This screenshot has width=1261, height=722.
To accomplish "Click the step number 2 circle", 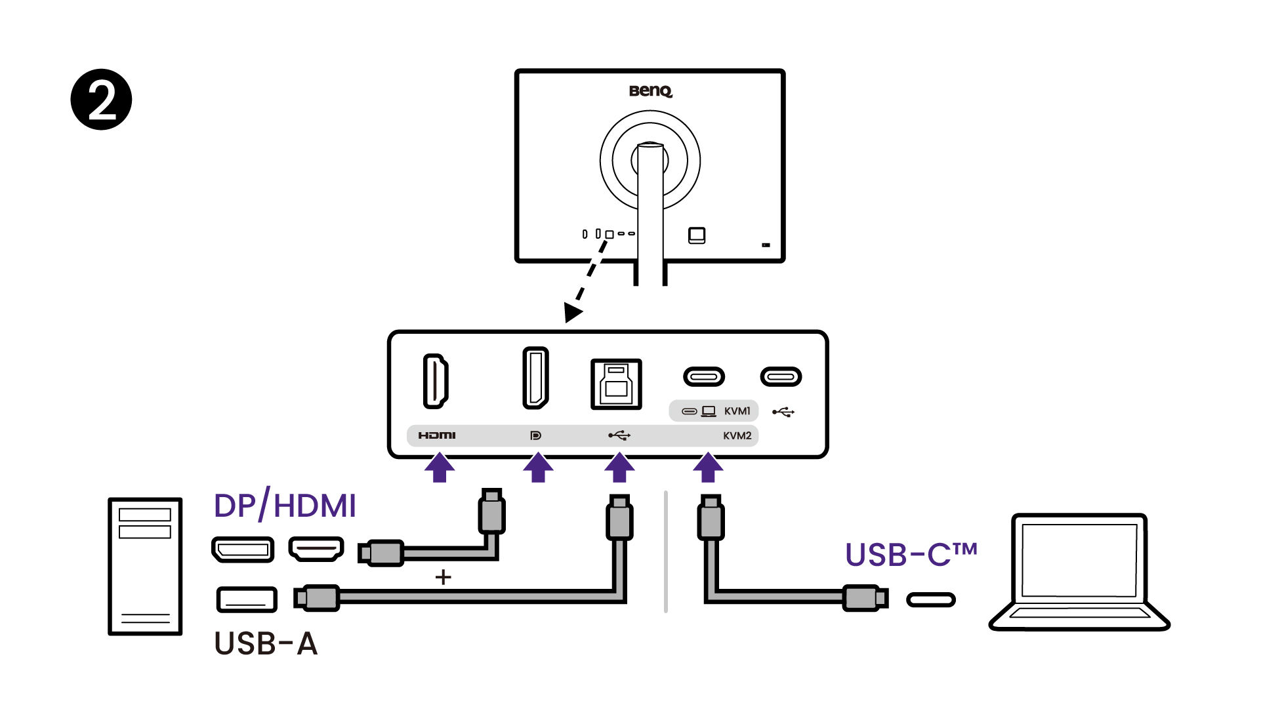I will coord(101,99).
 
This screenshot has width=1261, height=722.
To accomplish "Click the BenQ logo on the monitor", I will coord(650,90).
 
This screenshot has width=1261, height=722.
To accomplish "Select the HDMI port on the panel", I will coord(435,381).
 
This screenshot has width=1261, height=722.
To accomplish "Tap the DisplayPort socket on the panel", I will coord(535,378).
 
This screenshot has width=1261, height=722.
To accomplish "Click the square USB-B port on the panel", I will coord(616,384).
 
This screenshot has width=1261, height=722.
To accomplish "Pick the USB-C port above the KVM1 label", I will coord(704,376).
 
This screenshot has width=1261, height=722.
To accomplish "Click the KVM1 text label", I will coord(737,411).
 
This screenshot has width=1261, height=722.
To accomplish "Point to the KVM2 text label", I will coord(737,436).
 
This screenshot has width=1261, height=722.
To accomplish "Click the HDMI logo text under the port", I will coord(437,435).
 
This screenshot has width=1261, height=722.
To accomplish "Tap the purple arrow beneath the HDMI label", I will coord(440,468).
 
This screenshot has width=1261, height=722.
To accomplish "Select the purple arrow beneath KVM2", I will coord(708,468).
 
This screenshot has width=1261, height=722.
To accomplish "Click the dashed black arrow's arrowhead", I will coord(573,311).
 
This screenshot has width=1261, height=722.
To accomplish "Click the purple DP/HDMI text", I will coord(285,506).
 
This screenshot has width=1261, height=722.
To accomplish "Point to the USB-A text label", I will coord(266,643).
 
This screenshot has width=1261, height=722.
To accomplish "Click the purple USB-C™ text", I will coord(911,555).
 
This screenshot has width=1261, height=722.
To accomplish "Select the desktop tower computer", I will coord(145,566).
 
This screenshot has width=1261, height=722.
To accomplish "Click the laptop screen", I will coord(1079,560).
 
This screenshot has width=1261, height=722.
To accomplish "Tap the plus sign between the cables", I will coord(444,577).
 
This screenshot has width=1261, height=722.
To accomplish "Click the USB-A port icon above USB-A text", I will coord(247,599).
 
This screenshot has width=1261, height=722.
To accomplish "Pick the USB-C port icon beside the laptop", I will coord(930,599).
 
